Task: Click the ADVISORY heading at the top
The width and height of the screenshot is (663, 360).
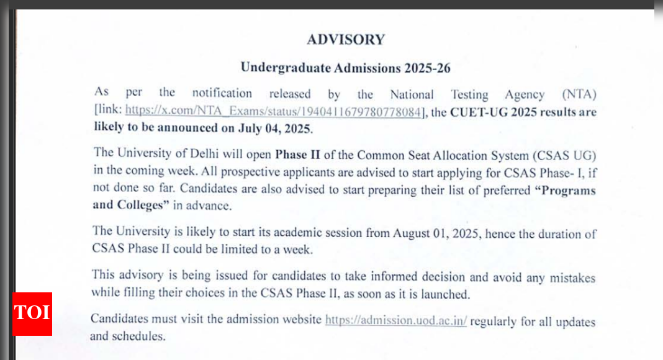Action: tap(345, 40)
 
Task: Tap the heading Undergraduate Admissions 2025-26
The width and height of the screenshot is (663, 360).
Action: tap(345, 68)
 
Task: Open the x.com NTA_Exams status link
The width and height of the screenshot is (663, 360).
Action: tap(275, 112)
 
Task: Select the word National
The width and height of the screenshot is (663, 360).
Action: tap(412, 95)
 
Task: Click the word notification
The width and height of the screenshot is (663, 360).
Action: tap(222, 94)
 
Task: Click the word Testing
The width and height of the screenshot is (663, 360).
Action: tap(469, 95)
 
